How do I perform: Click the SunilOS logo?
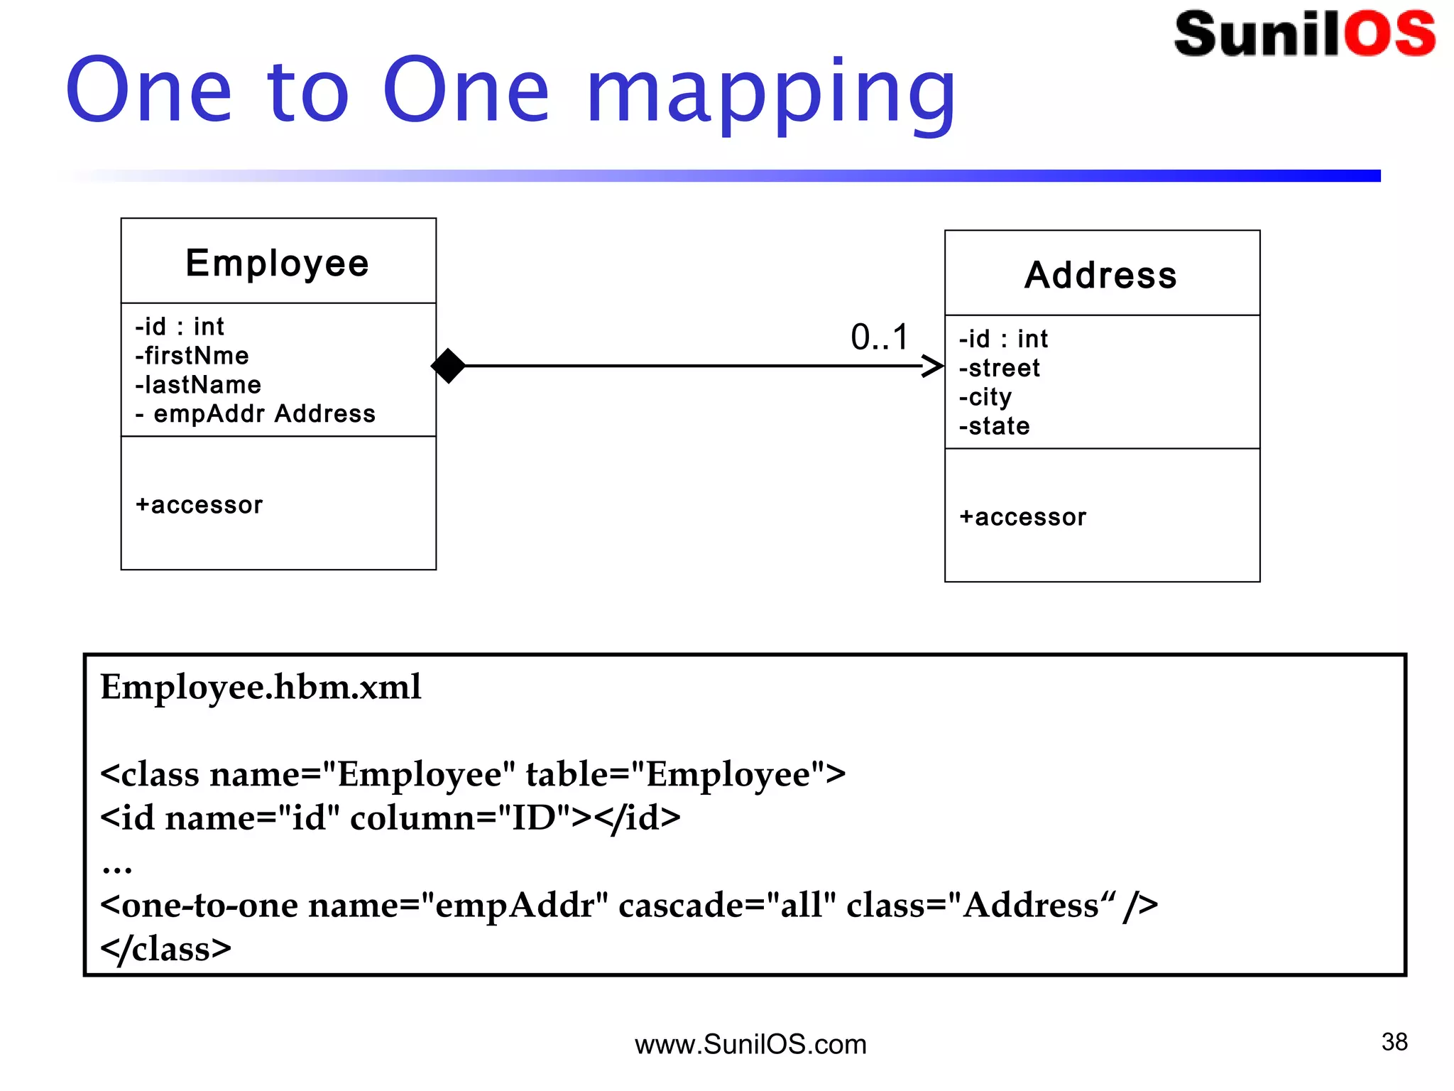[x=1304, y=33]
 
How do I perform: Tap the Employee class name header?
[x=278, y=263]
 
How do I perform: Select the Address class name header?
[x=1101, y=275]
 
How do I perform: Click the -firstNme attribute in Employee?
[x=192, y=355]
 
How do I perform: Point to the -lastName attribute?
[x=198, y=384]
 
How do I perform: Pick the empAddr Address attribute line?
[x=256, y=413]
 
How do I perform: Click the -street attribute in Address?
[x=999, y=368]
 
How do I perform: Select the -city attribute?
[x=985, y=397]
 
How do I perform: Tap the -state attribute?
[x=994, y=426]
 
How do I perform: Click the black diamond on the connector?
[x=448, y=366]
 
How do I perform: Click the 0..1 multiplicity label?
[x=880, y=337]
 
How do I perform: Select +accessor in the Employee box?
[x=199, y=504]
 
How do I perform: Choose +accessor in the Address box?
[x=1022, y=517]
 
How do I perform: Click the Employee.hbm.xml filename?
[x=261, y=687]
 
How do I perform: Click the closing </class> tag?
[x=165, y=949]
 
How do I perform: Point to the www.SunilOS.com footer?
[x=750, y=1044]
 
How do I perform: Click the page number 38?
[x=1394, y=1042]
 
